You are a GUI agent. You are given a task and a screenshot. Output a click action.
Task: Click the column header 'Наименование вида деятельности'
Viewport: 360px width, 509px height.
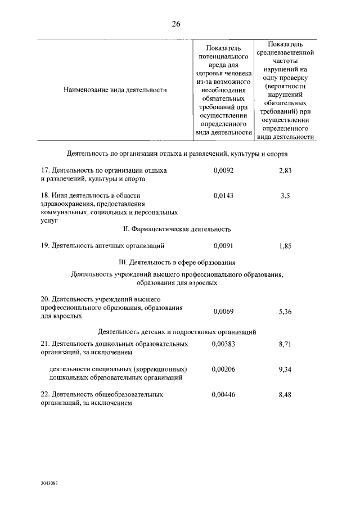(x=115, y=89)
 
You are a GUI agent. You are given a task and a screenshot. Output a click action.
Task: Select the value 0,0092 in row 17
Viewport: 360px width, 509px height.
(x=223, y=170)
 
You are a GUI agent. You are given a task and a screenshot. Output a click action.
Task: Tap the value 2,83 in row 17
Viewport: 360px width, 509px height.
(x=285, y=170)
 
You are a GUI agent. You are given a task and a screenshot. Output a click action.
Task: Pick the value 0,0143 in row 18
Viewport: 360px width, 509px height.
(x=223, y=195)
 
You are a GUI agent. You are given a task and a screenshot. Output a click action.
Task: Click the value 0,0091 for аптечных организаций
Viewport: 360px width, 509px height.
(x=223, y=246)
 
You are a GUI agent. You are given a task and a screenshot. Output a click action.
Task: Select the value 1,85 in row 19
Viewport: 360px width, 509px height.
(x=285, y=246)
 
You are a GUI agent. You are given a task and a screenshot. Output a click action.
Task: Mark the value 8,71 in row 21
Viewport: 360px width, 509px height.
(x=285, y=343)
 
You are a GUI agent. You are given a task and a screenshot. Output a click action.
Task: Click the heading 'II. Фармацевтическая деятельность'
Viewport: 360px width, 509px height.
(x=177, y=229)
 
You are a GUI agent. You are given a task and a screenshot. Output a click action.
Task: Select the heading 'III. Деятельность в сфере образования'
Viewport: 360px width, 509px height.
(x=177, y=263)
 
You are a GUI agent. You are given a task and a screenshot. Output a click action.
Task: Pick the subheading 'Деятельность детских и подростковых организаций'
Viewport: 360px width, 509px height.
(x=177, y=332)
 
